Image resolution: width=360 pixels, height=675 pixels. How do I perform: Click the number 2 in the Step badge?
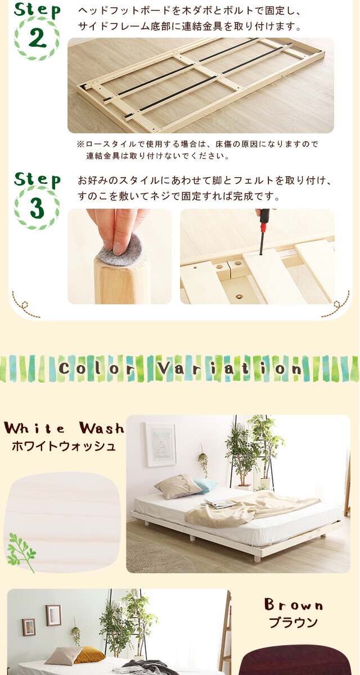pyautogui.click(x=37, y=39)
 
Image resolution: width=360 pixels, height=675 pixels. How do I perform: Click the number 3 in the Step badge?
pyautogui.click(x=37, y=209)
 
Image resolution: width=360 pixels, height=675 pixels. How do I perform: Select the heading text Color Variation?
pyautogui.click(x=180, y=368)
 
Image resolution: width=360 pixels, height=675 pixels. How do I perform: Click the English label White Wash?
pyautogui.click(x=64, y=428)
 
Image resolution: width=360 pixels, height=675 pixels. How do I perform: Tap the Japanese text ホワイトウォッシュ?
pyautogui.click(x=64, y=446)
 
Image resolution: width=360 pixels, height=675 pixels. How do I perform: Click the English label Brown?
pyautogui.click(x=294, y=605)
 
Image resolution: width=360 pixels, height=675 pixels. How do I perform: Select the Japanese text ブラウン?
pyautogui.click(x=294, y=623)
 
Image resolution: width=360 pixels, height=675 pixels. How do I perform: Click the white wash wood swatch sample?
pyautogui.click(x=62, y=522)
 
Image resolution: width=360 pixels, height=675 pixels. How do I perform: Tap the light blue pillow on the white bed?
pyautogui.click(x=205, y=485)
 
